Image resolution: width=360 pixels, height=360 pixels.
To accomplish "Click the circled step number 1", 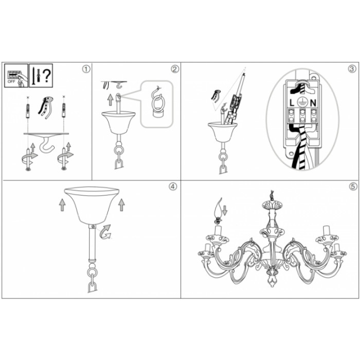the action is [x=86, y=69].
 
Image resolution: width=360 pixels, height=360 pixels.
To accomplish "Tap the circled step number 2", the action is [x=175, y=69].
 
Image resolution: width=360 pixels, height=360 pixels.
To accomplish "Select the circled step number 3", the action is [x=352, y=69].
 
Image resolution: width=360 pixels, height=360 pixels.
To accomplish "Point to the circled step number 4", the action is [x=173, y=187].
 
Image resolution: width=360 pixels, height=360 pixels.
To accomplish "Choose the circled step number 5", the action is [x=353, y=187].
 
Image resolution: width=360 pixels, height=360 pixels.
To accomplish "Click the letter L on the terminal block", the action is [x=292, y=103].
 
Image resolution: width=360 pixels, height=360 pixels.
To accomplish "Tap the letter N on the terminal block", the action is [x=313, y=103].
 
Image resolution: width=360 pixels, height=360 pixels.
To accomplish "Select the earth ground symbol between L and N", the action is [x=302, y=102].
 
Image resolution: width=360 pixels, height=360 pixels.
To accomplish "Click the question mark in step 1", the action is [x=47, y=76].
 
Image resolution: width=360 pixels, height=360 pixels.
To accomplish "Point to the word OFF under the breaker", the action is [x=11, y=81].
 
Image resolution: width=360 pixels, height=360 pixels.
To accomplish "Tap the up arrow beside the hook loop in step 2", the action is [x=111, y=100].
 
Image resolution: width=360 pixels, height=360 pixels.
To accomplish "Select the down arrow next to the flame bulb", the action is [x=225, y=210].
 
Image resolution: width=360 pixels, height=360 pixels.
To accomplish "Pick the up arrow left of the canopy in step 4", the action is [x=62, y=205].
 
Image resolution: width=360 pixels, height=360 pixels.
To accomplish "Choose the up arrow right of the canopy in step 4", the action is [x=121, y=205].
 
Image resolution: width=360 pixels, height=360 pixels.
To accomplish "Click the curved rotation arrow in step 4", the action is [x=105, y=232].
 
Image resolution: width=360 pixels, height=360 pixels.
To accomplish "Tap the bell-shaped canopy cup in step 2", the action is [x=118, y=122].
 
